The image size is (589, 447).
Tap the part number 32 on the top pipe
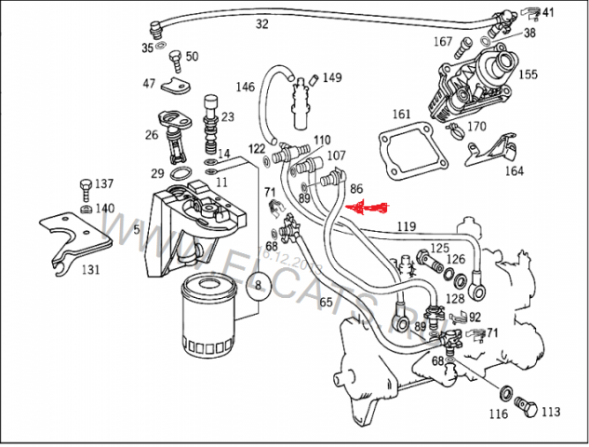pyautogui.click(x=261, y=24)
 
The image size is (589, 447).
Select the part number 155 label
pyautogui.click(x=528, y=74)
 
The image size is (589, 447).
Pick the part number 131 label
pyautogui.click(x=90, y=270)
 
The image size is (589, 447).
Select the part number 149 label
pyautogui.click(x=331, y=77)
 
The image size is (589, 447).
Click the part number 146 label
pyautogui.click(x=245, y=88)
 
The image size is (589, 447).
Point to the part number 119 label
pyautogui.click(x=405, y=226)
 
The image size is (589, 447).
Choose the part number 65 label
pyautogui.click(x=326, y=302)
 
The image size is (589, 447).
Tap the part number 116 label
pyautogui.click(x=501, y=414)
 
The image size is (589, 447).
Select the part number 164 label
pyautogui.click(x=514, y=170)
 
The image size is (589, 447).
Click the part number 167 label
pyautogui.click(x=442, y=42)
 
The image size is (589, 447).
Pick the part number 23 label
pyautogui.click(x=227, y=116)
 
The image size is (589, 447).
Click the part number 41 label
pyautogui.click(x=547, y=12)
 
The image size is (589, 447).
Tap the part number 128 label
pyautogui.click(x=454, y=298)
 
